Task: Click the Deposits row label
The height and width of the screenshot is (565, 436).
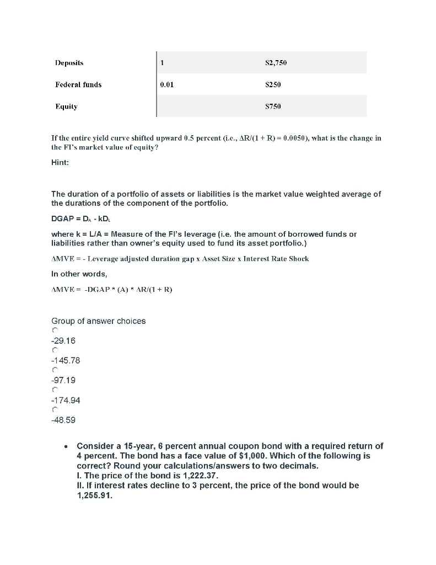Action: (x=69, y=63)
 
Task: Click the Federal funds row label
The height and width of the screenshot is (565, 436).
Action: (x=78, y=84)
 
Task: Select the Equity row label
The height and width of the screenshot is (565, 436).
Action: (x=66, y=106)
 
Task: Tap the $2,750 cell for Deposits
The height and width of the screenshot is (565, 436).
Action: (x=276, y=63)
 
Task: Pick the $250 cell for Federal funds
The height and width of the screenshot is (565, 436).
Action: (x=273, y=84)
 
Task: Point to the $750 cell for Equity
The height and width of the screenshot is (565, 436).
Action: (x=273, y=106)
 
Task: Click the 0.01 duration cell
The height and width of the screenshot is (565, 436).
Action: (x=166, y=84)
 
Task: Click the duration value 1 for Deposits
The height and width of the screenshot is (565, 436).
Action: (x=162, y=63)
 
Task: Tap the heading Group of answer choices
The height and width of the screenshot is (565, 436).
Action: (x=98, y=321)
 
